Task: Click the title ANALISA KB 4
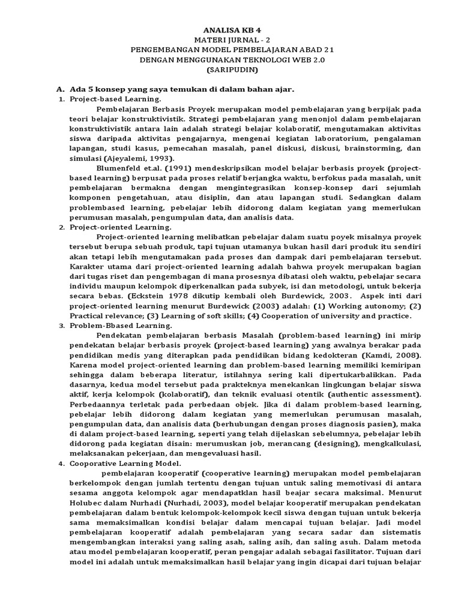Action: click(230, 29)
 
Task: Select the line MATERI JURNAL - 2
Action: click(230, 39)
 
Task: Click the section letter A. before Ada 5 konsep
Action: click(59, 89)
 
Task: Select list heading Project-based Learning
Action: click(115, 98)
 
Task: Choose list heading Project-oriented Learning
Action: click(120, 227)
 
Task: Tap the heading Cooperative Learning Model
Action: click(125, 463)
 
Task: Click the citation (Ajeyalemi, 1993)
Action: click(139, 158)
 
